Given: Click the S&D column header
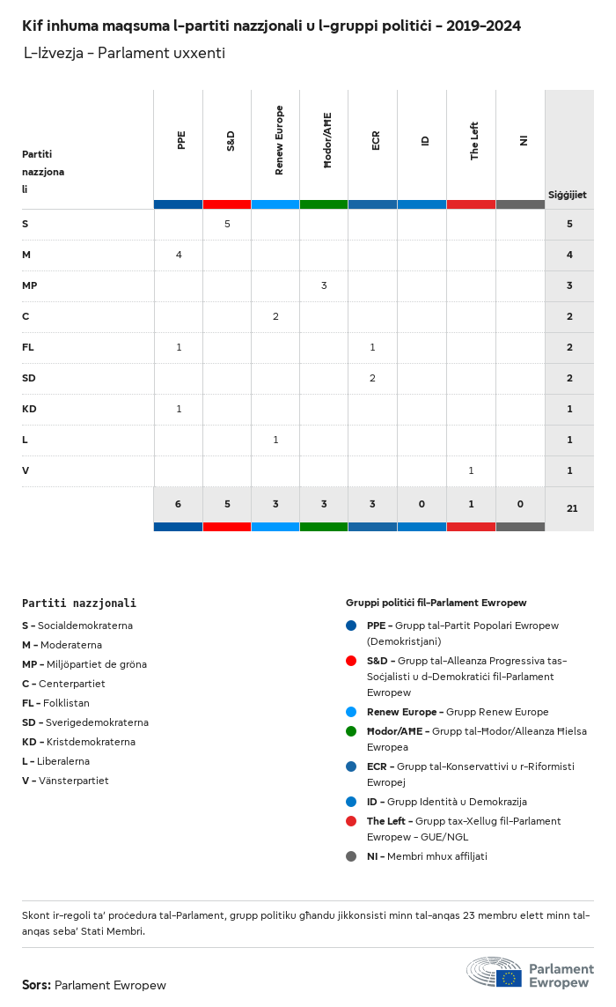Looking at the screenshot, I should tap(231, 140).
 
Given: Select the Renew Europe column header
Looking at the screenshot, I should tap(279, 140).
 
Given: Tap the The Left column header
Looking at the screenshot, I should tap(474, 141).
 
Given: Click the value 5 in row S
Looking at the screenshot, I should tap(227, 224).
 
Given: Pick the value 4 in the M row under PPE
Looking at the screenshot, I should tap(179, 255).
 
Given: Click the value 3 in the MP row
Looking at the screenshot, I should tap(324, 285).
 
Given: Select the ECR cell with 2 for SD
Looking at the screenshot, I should tap(372, 378).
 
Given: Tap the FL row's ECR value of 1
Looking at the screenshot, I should tap(372, 347).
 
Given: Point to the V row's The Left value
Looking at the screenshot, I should tap(471, 470).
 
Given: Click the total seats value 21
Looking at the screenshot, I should tap(572, 507).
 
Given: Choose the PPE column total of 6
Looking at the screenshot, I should tap(178, 504).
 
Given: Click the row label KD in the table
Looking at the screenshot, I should tap(28, 409).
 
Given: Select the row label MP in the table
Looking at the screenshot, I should tap(29, 285).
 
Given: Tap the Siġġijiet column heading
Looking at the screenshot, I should tap(568, 195).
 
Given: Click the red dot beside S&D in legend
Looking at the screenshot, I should tap(351, 661).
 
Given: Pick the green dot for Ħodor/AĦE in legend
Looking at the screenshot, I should tap(351, 731).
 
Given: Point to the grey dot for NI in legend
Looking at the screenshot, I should tap(351, 856).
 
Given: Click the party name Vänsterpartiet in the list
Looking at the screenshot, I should tap(74, 781).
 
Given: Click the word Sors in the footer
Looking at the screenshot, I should tap(36, 985).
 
